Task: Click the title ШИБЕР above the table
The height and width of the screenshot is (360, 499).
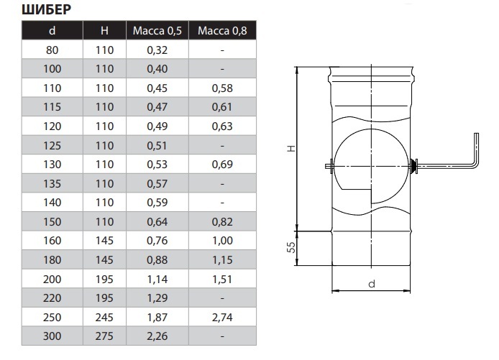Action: coord(47,9)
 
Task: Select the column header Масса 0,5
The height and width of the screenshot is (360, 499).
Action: coord(157,30)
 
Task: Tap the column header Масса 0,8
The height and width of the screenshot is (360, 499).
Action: coord(222,30)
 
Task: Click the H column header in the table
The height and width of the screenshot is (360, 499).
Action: coord(104,30)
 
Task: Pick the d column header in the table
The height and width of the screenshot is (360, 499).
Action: coord(52,30)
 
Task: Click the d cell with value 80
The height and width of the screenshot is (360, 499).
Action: coord(52,50)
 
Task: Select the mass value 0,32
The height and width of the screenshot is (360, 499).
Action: coord(157,50)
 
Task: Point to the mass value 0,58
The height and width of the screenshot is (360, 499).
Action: coord(222,88)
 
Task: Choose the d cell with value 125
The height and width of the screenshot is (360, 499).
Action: coord(52,145)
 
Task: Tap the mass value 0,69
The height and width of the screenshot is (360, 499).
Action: coord(222,165)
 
